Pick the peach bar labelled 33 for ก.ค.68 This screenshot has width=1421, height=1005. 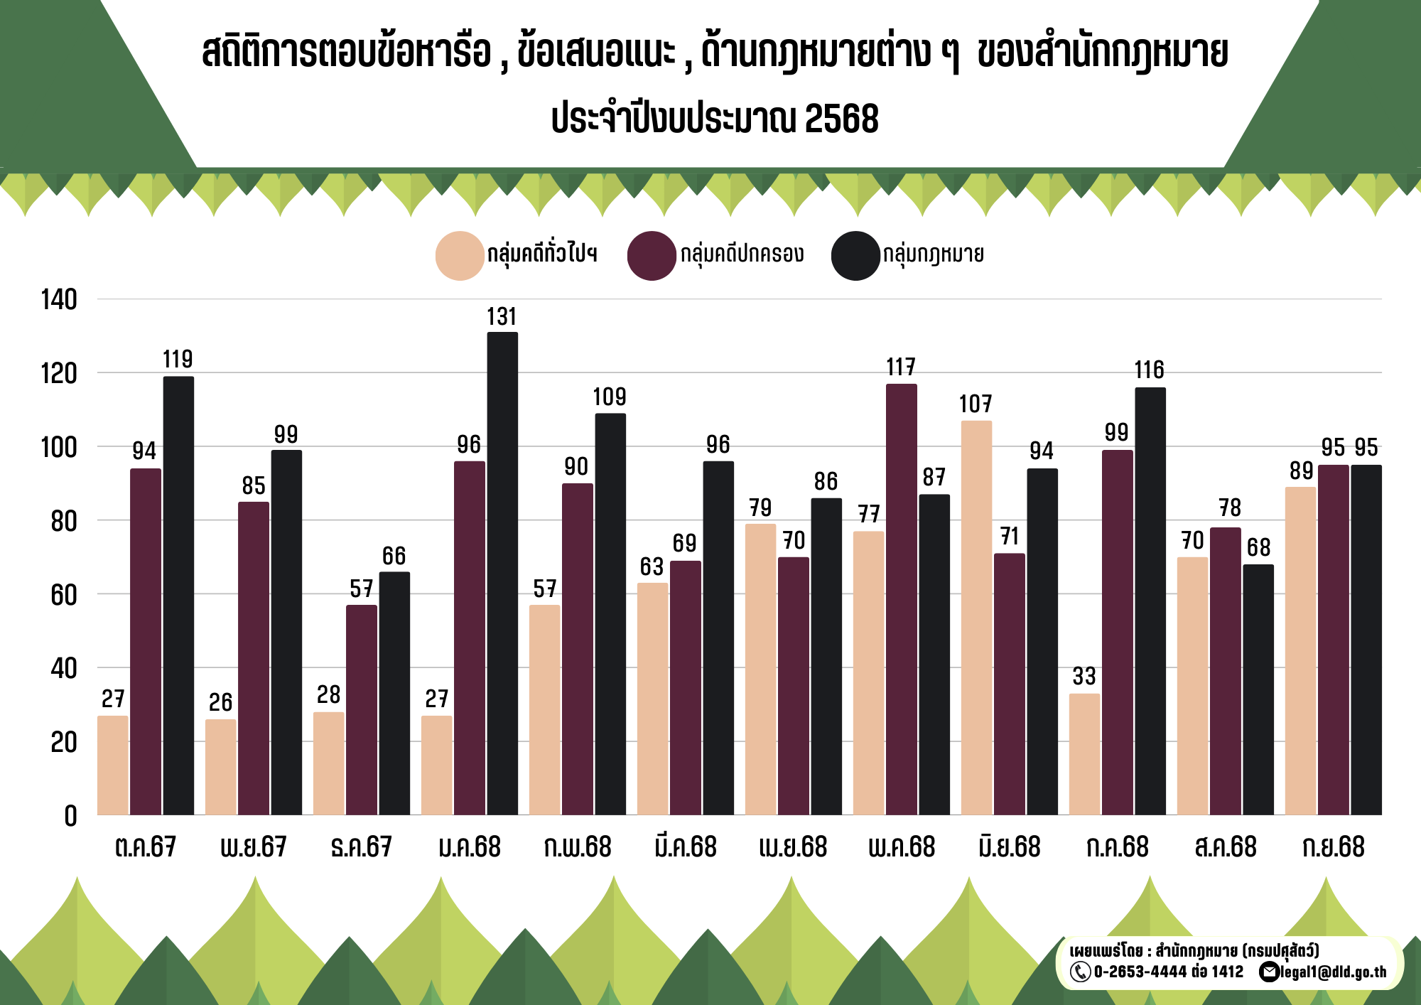pos(1084,753)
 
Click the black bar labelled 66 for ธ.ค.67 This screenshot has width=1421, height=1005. pos(394,693)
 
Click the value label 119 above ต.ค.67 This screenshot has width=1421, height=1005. pos(178,360)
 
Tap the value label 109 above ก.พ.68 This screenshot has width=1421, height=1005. pos(610,397)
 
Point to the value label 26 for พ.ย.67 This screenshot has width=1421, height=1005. pos(220,703)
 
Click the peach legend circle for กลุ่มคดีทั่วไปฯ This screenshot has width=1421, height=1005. pos(460,255)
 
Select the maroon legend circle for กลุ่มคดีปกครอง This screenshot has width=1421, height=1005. pos(651,255)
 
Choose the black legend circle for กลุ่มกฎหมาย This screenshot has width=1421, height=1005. pos(855,255)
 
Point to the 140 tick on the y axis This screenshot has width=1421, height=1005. pos(59,300)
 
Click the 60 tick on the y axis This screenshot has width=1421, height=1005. pos(63,595)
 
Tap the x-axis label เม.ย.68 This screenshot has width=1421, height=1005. pos(793,847)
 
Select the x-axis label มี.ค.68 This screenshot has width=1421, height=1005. pos(685,847)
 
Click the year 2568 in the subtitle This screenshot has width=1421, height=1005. pos(841,119)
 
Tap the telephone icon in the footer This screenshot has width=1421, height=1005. pos(1080,972)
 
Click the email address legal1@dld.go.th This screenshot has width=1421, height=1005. pos(1333,972)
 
